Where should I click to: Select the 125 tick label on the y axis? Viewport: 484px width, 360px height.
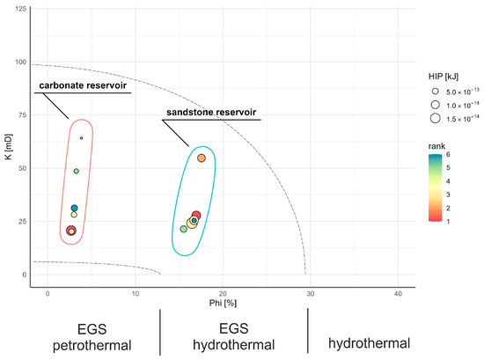click(x=20, y=9)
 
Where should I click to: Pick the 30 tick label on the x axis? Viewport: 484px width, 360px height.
click(x=311, y=292)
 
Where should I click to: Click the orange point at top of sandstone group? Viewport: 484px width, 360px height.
click(x=202, y=158)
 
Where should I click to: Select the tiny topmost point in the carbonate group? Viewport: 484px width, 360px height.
click(x=81, y=138)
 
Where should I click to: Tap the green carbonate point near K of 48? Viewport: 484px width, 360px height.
click(x=77, y=171)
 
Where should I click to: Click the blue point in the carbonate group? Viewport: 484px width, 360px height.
click(x=75, y=208)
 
